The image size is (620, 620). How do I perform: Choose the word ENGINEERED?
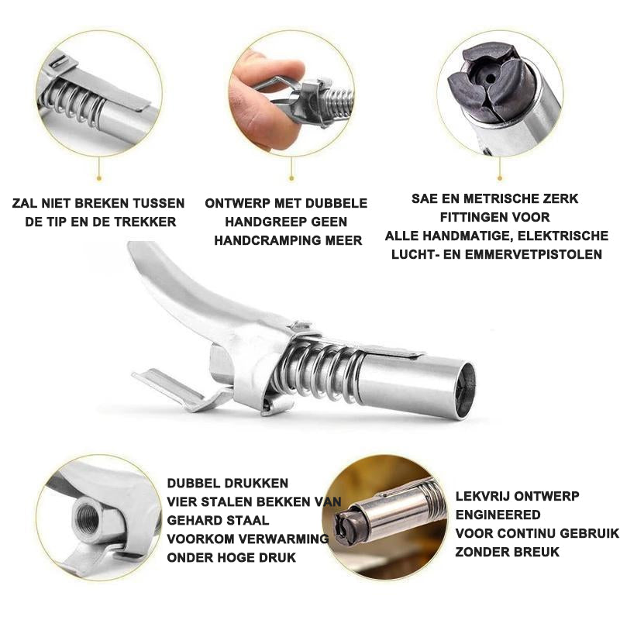point(498,515)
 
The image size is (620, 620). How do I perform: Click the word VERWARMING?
point(284,539)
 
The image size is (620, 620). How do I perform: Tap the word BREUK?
point(535,552)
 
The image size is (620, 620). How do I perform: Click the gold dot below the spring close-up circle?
point(99,178)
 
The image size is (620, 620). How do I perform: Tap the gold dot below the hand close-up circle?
point(291,178)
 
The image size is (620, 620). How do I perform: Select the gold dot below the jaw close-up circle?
point(499,178)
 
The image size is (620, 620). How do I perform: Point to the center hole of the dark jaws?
point(491,78)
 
